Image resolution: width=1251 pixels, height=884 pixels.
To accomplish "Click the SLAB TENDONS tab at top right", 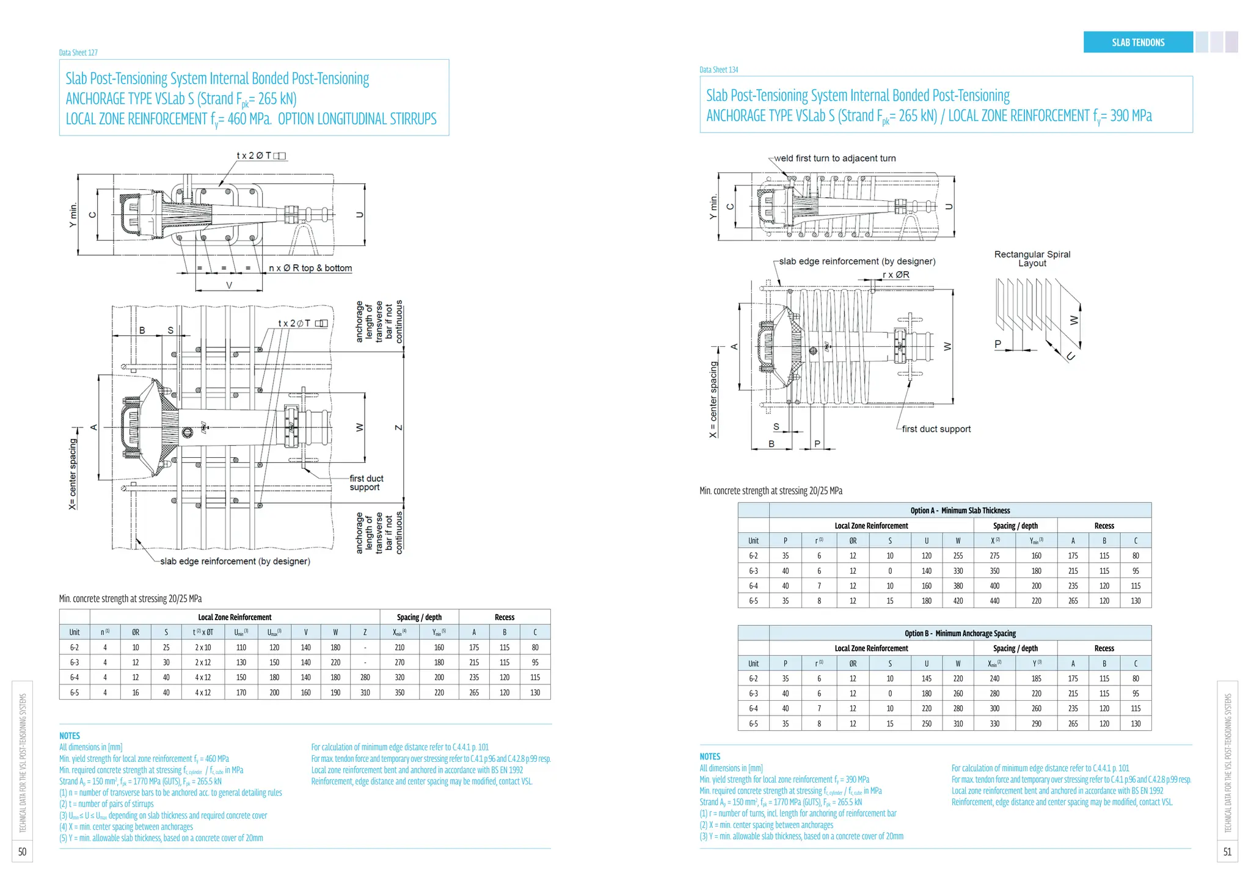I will click(1137, 42).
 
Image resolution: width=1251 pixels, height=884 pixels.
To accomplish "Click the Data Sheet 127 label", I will click(78, 53).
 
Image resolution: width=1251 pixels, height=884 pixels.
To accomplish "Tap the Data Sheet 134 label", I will click(718, 70).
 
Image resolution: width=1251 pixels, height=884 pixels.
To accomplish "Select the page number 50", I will click(22, 852).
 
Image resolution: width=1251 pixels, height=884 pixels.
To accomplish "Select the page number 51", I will click(1227, 852).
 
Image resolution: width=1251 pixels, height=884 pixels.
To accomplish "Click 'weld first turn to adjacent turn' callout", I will click(834, 158).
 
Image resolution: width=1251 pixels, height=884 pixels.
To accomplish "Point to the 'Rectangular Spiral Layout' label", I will click(1032, 259).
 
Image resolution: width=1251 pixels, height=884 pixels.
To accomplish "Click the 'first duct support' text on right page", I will click(936, 429).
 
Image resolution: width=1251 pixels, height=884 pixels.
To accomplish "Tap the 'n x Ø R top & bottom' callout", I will click(310, 268).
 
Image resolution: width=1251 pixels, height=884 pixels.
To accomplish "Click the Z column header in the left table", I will click(365, 632).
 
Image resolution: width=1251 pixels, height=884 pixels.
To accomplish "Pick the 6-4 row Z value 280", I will click(365, 678).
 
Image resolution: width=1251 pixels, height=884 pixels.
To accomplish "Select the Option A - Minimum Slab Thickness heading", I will click(960, 510).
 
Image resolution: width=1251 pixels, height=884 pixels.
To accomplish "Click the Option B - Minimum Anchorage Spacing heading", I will click(960, 634).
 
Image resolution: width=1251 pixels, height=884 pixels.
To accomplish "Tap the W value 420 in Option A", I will click(958, 601).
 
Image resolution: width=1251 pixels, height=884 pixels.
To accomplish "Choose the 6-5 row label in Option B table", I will click(753, 724).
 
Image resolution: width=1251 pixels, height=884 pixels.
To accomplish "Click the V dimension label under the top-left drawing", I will click(229, 285).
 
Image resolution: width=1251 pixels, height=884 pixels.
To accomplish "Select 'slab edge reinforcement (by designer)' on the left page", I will click(235, 562).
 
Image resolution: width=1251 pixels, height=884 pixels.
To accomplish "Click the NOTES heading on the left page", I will click(70, 736).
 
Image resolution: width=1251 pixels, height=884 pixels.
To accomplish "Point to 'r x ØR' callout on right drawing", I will click(895, 275).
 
